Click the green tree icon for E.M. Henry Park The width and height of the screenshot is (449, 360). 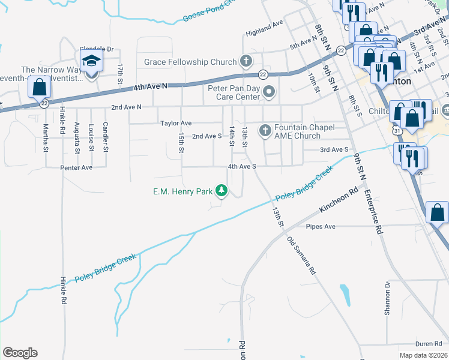click(222, 191)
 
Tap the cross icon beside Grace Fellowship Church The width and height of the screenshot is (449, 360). click(245, 61)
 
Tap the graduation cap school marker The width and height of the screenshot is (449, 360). click(91, 62)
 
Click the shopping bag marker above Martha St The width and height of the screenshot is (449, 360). click(39, 88)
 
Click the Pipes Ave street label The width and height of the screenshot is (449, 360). click(321, 227)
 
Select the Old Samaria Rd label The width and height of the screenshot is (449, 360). click(301, 256)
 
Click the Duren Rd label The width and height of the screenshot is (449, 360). click(412, 343)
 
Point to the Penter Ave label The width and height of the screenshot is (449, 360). click(76, 167)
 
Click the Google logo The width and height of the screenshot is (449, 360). click(20, 353)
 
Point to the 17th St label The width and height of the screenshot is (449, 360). click(120, 73)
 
